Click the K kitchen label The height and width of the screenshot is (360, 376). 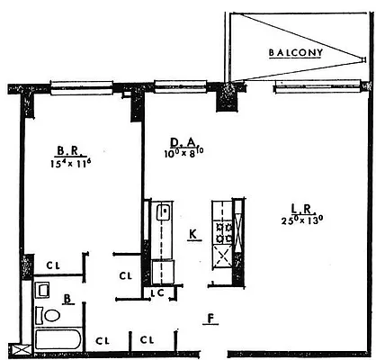[193, 235]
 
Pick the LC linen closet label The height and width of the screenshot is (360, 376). [157, 292]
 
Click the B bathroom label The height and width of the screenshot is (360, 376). [67, 298]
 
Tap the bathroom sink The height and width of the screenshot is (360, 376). [42, 290]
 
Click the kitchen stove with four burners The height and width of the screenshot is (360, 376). [222, 229]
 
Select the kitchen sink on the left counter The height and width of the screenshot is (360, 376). [163, 213]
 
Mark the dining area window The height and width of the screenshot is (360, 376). [181, 87]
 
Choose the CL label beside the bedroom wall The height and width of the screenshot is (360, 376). [53, 265]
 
